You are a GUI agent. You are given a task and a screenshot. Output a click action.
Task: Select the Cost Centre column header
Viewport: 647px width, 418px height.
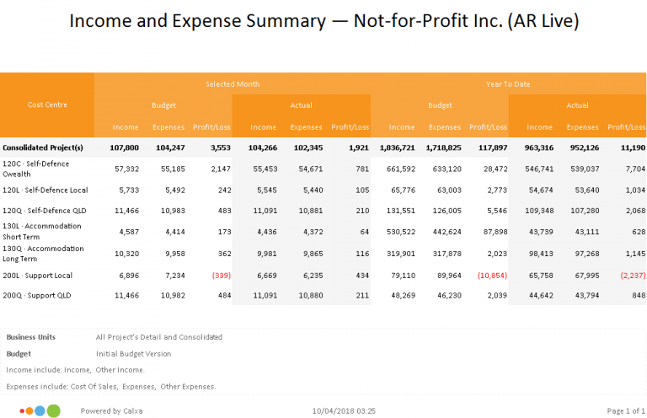click(47, 104)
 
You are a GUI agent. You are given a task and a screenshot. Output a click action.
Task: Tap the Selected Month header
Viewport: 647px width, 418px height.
click(233, 84)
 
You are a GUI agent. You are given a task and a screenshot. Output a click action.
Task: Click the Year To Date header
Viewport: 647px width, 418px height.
click(507, 84)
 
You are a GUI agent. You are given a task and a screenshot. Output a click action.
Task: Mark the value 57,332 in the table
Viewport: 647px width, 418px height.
click(126, 169)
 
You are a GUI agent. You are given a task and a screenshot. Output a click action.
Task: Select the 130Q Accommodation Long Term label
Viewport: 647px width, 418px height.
click(43, 253)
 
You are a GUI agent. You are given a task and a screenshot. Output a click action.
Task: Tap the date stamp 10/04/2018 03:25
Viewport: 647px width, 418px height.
click(343, 410)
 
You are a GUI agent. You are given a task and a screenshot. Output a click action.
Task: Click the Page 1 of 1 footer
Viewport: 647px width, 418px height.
click(625, 410)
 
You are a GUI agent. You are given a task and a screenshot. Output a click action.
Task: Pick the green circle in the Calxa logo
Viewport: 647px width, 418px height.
click(53, 410)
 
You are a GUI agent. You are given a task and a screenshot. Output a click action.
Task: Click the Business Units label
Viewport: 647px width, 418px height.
click(31, 337)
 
